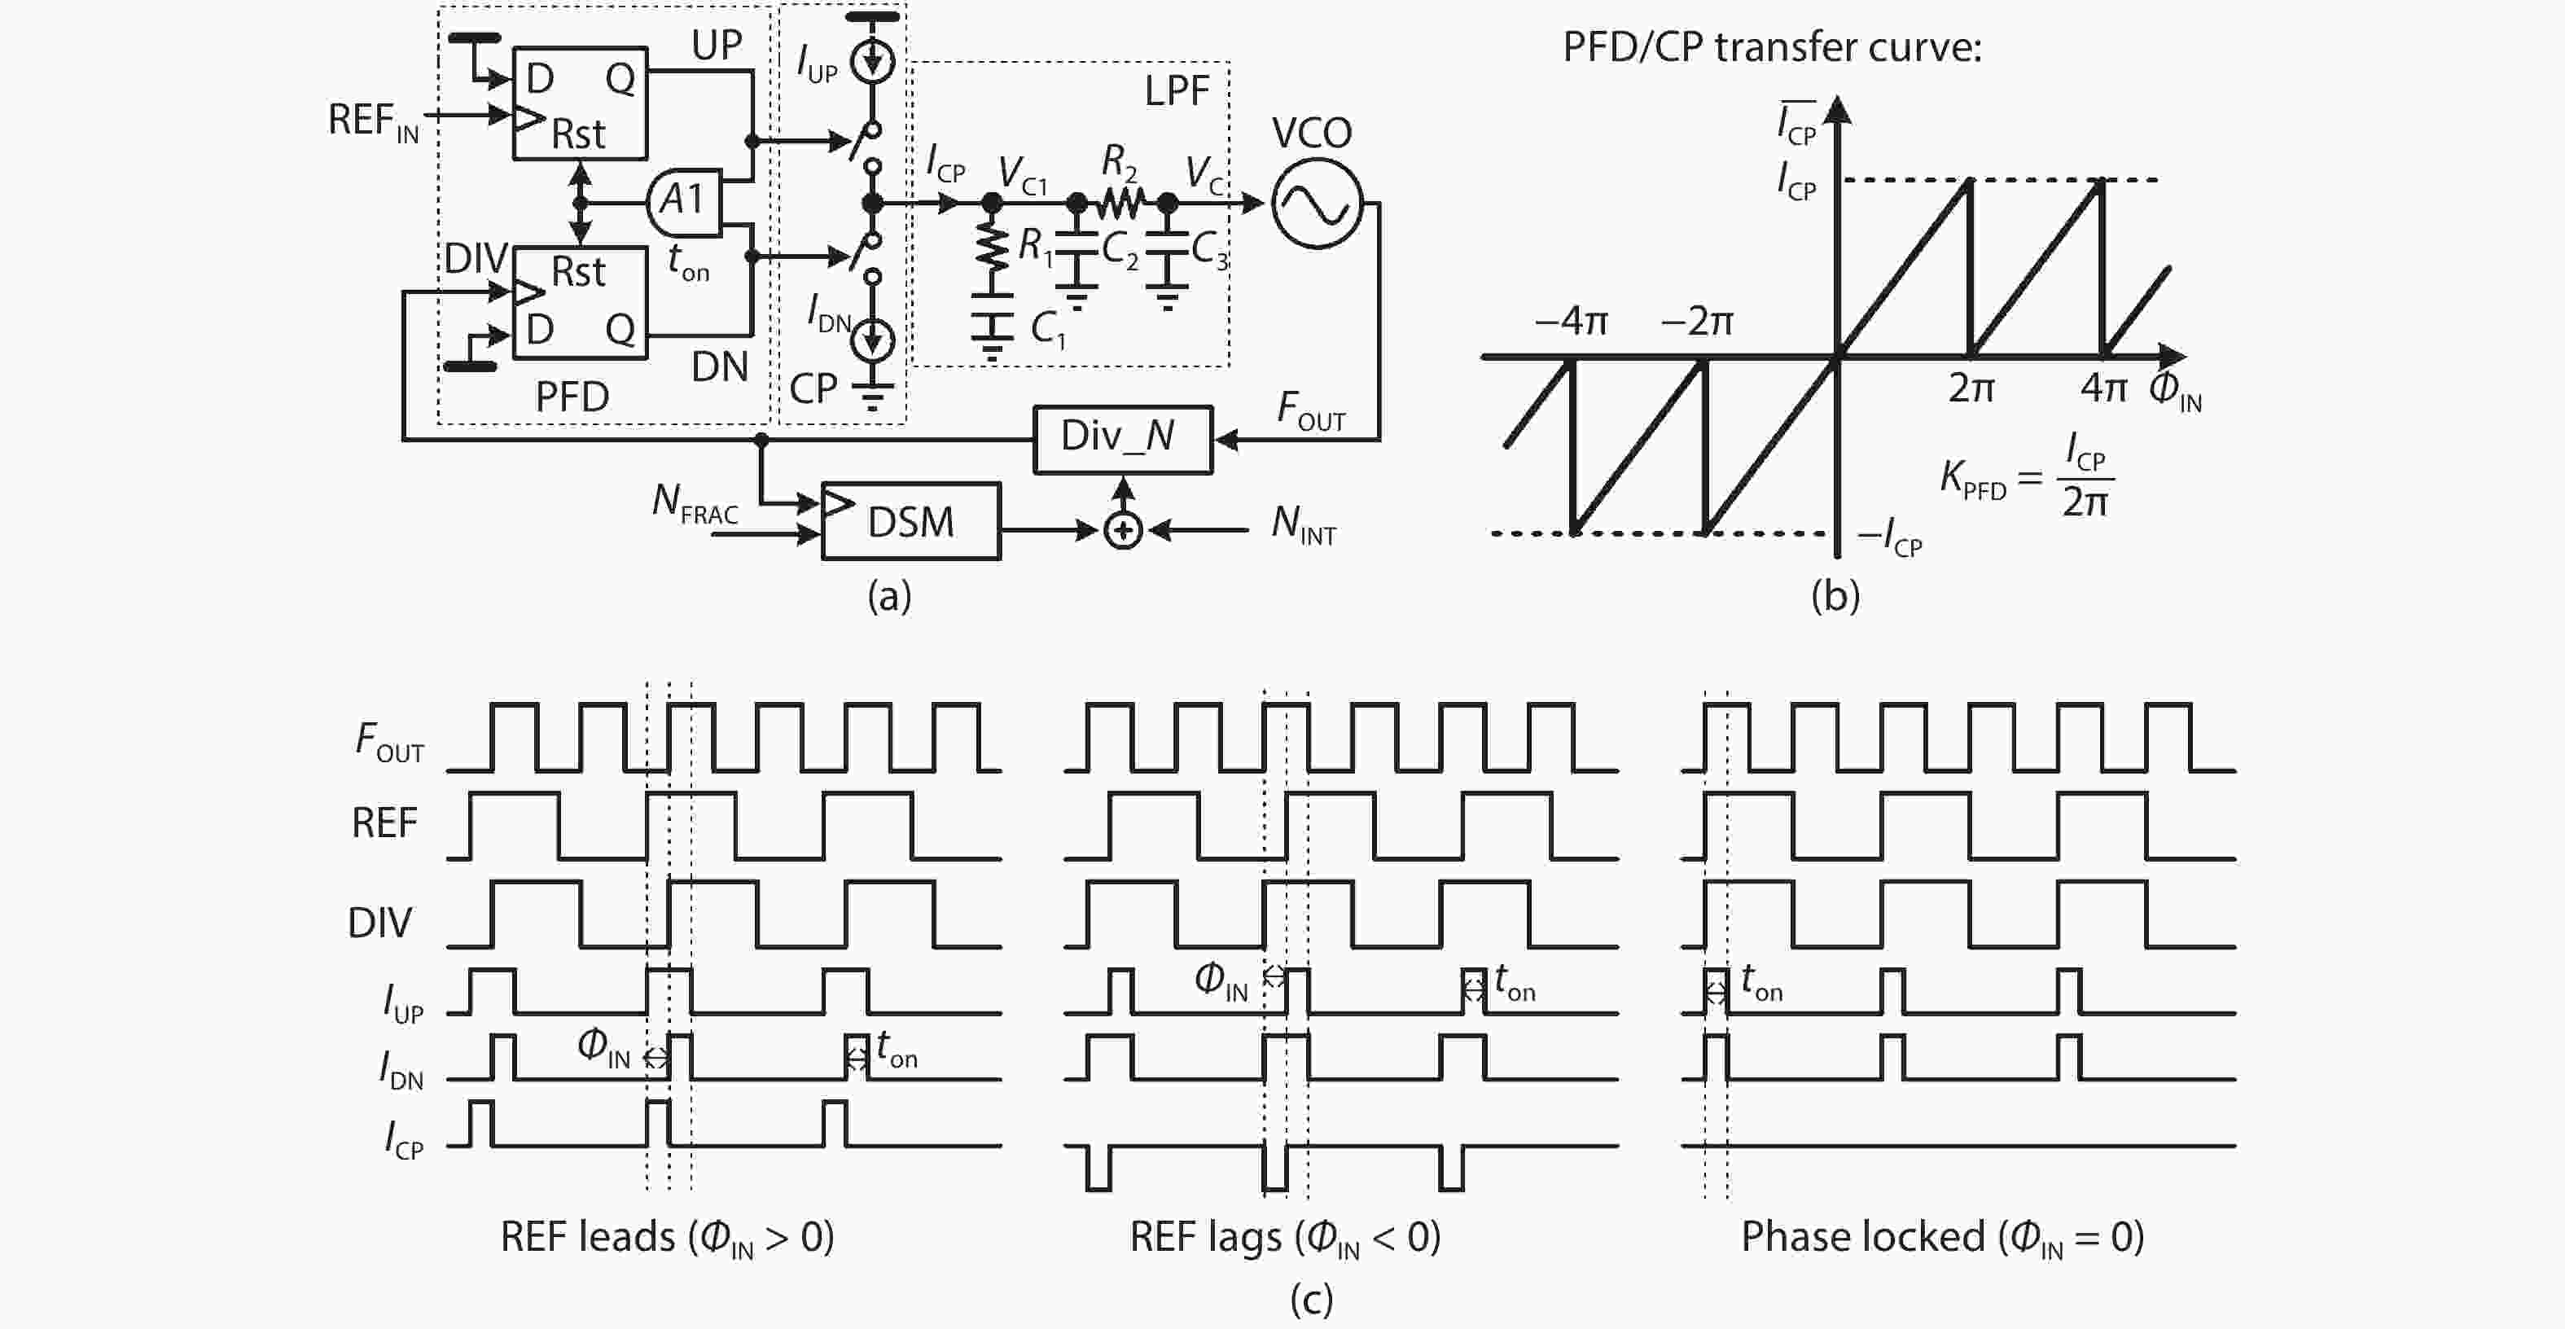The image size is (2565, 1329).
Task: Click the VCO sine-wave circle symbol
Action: coord(1317,204)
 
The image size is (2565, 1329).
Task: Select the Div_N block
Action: coord(1122,438)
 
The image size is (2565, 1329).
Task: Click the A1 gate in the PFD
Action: coord(683,200)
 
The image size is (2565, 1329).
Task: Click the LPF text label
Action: coord(1176,91)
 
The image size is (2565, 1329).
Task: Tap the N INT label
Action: coord(1302,524)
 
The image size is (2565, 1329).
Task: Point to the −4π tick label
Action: coord(1572,321)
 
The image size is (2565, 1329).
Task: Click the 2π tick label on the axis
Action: coord(1971,388)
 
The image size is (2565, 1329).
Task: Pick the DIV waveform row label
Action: coord(379,923)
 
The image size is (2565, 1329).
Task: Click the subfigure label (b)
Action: coord(1835,595)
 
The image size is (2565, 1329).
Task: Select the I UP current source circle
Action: coord(872,63)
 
